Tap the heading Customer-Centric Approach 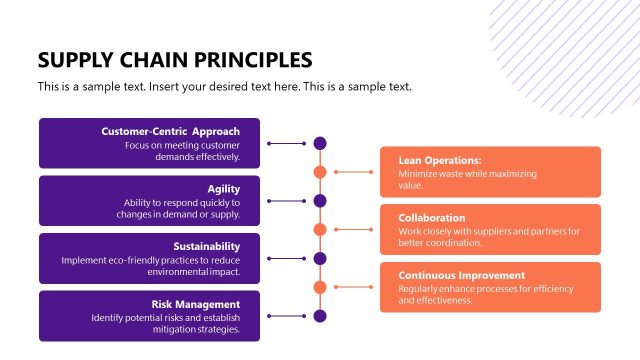[170, 131]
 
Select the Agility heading [223, 189]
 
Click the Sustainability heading [206, 246]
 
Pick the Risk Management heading [195, 304]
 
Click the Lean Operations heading [440, 160]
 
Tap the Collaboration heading [432, 217]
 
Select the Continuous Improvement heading [461, 275]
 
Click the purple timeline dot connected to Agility [320, 201]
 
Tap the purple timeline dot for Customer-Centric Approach [320, 144]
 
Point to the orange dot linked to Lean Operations [320, 172]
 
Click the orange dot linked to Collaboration [320, 230]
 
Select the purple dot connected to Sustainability [320, 259]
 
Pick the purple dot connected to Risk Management [320, 316]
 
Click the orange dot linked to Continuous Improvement [320, 287]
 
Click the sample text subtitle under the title [224, 86]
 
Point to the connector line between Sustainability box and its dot [285, 259]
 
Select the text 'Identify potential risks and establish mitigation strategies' [165, 324]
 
